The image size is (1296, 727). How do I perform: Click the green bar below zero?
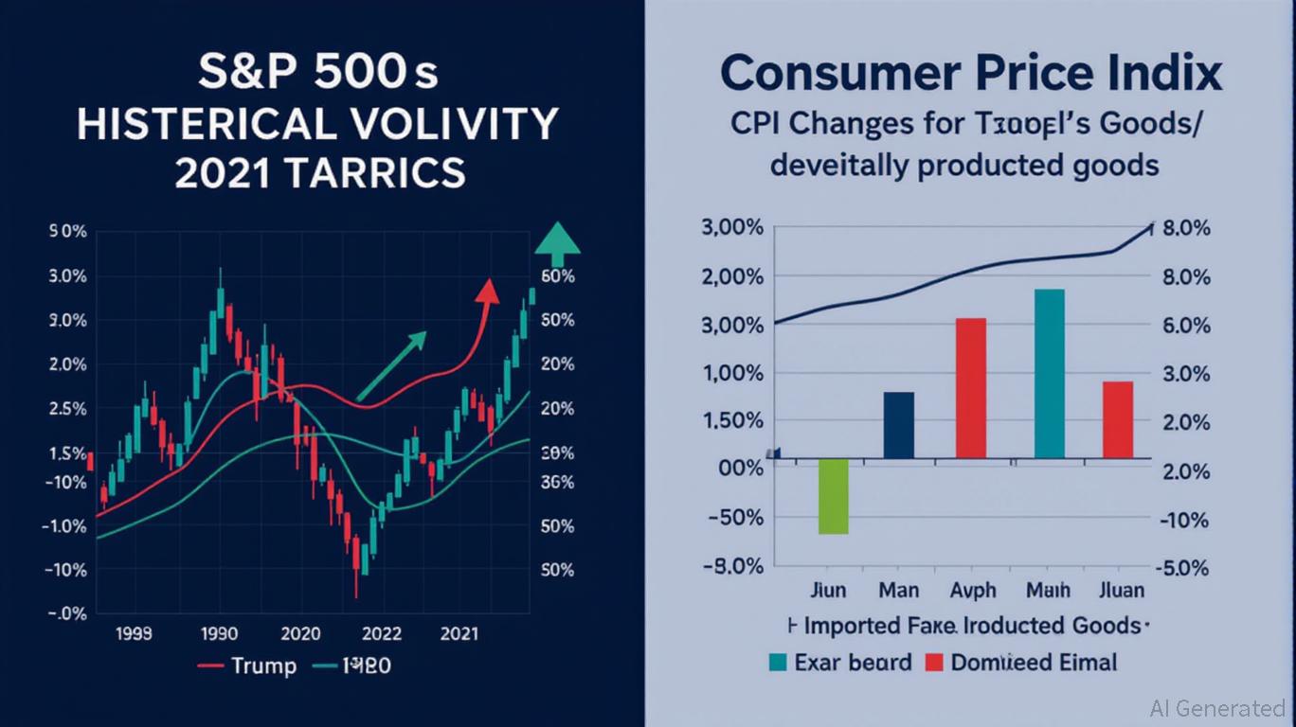coord(833,496)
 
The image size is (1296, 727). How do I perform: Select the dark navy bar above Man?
coord(898,425)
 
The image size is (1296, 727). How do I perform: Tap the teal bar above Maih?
coord(1049,374)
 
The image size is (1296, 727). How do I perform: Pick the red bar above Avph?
coord(971,388)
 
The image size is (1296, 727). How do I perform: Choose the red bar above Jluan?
coord(1118,419)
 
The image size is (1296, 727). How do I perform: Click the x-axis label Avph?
coord(972,590)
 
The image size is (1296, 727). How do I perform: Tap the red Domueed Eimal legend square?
coord(933,662)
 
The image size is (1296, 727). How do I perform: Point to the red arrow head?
coord(487,290)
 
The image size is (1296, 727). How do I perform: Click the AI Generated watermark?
coord(1216,707)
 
